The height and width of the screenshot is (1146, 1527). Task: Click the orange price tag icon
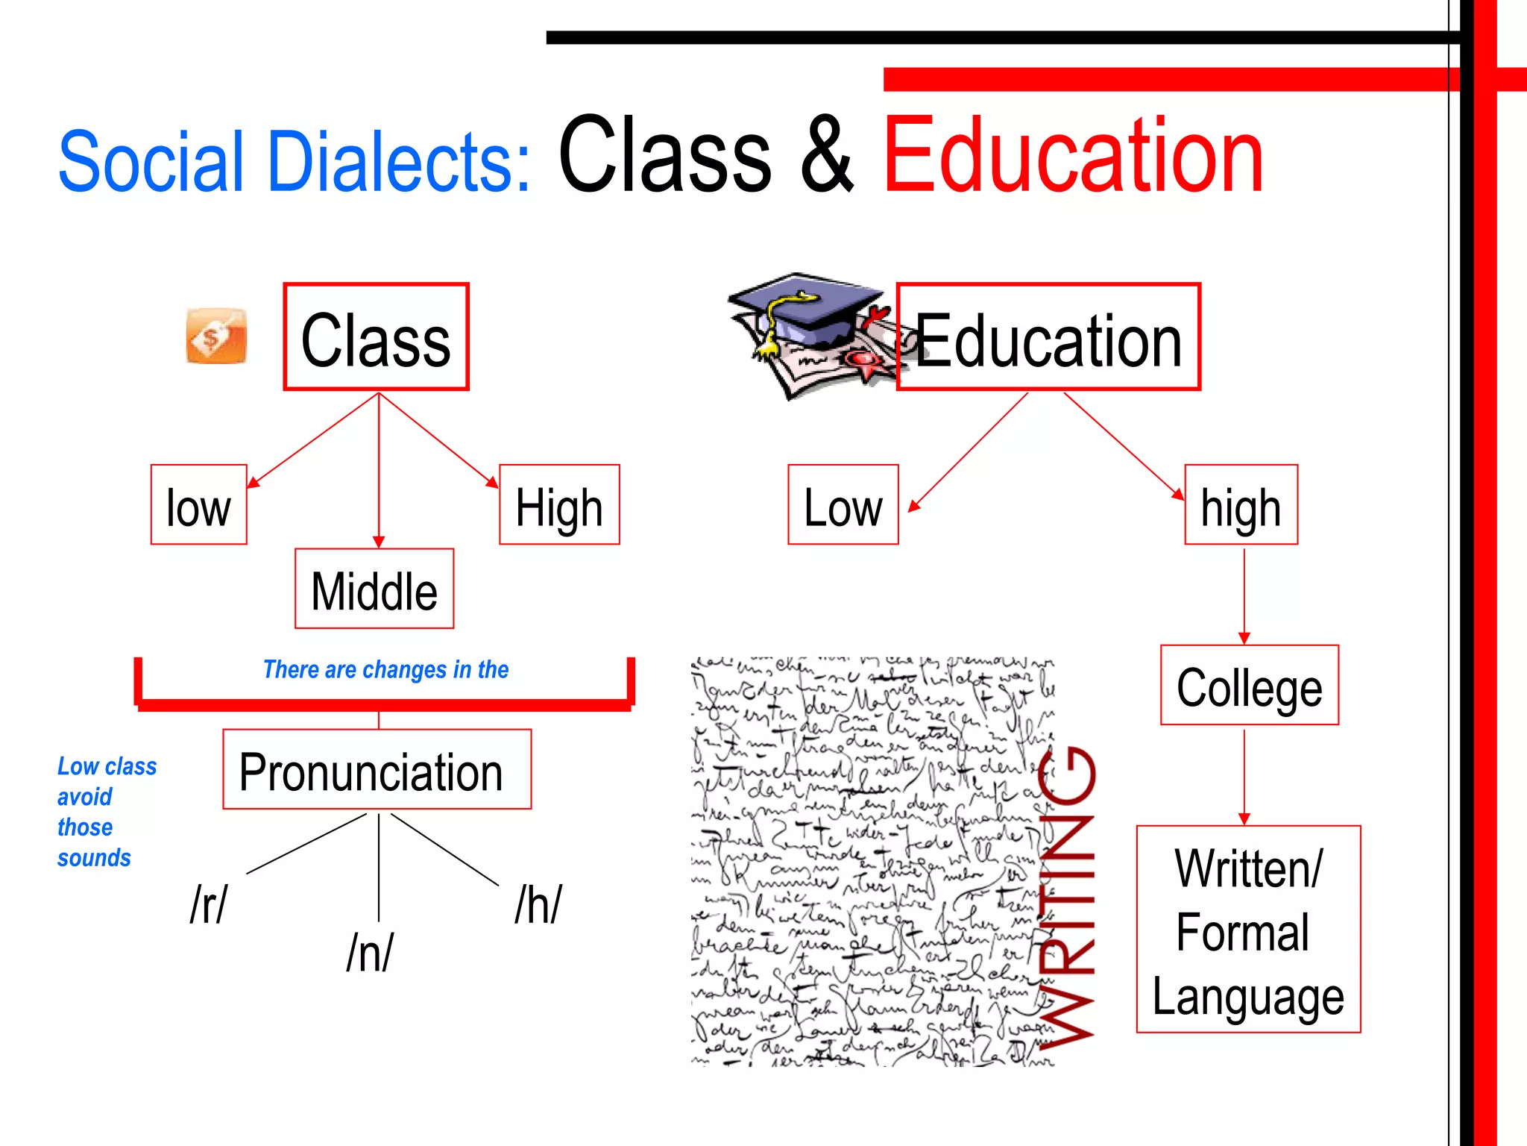(x=216, y=336)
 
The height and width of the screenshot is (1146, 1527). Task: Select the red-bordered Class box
(x=376, y=336)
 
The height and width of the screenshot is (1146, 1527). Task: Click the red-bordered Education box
(x=1048, y=336)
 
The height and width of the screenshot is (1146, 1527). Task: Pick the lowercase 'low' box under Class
(x=198, y=505)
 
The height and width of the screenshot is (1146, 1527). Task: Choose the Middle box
(x=374, y=589)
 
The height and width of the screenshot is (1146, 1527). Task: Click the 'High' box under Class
(x=559, y=505)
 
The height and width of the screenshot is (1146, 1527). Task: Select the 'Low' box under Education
(x=843, y=505)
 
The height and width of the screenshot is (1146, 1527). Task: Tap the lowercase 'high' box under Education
(x=1241, y=505)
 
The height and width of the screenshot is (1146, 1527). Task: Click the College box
(x=1250, y=685)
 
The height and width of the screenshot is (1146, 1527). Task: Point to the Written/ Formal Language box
(x=1248, y=930)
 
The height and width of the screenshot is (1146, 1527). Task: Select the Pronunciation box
(x=377, y=769)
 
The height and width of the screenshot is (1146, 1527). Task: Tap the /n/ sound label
(x=370, y=953)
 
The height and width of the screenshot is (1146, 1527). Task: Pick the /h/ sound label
(x=538, y=904)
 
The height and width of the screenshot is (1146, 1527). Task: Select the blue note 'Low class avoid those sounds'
(x=107, y=812)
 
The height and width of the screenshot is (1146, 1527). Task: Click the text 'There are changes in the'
(x=385, y=669)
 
